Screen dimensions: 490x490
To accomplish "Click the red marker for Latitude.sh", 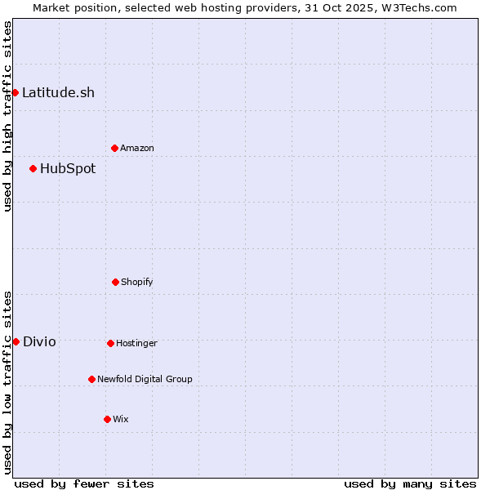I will point(15,92).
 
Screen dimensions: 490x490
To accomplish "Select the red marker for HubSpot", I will point(33,168).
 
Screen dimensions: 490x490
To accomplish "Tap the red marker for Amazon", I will point(114,148).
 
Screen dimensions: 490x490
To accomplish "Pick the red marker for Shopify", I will point(115,282).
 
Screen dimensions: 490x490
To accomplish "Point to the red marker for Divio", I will point(16,341).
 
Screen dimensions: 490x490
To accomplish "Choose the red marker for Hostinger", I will point(110,343).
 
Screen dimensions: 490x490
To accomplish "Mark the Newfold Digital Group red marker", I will point(91,379).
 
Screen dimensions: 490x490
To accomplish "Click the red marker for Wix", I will point(107,419).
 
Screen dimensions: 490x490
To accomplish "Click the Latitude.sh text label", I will point(58,92).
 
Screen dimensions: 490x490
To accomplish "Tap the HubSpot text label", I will point(68,168).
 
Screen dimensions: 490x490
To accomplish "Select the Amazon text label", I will point(137,148).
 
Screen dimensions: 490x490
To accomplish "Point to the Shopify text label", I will point(137,282).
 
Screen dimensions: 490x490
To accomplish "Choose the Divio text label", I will point(39,341).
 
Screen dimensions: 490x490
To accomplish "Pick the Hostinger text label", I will point(136,343).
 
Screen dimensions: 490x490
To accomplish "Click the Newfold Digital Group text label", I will point(145,379).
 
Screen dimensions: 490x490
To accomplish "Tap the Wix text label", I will point(121,419).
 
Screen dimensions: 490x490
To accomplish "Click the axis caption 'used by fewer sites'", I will point(84,483).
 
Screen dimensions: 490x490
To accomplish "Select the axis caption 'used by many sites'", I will point(410,483).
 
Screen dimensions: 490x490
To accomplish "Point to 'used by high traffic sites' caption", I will point(7,116).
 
